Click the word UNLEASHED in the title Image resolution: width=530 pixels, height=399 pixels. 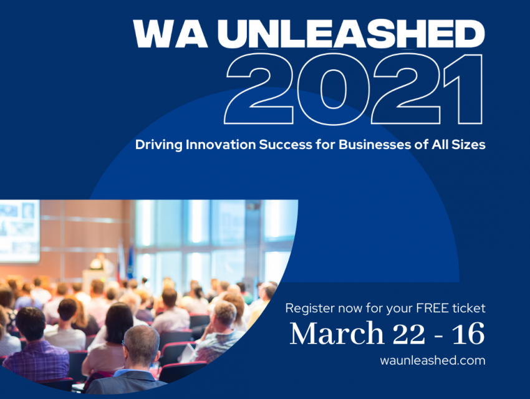(x=352, y=34)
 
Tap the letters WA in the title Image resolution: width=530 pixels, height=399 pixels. (x=170, y=34)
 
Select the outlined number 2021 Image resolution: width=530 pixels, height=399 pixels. (x=354, y=89)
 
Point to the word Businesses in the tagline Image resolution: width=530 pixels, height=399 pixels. (x=375, y=145)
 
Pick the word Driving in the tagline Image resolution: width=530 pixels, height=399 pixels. (x=159, y=145)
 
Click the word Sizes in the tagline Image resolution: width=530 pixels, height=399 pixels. (x=468, y=145)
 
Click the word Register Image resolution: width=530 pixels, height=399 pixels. (x=310, y=309)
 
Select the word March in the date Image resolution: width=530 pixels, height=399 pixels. (x=337, y=333)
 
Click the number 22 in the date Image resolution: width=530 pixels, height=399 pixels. (x=408, y=334)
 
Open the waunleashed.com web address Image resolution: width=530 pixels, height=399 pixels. (x=433, y=360)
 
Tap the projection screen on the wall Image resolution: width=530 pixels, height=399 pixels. (x=19, y=231)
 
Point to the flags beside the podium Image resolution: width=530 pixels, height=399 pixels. (x=126, y=260)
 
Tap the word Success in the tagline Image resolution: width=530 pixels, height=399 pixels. (x=286, y=145)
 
